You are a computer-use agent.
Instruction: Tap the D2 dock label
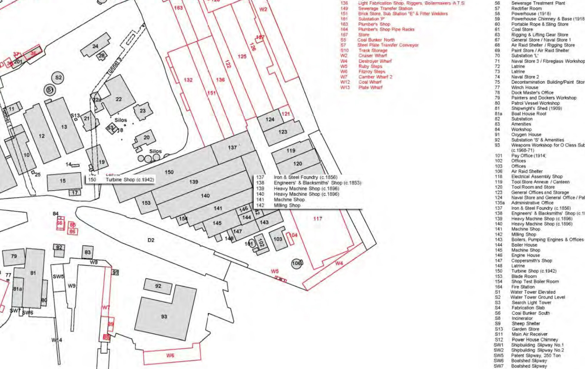coord(151,240)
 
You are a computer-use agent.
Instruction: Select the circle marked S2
coord(58,78)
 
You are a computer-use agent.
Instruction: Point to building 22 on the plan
coord(119,99)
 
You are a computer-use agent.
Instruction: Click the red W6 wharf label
coord(170,355)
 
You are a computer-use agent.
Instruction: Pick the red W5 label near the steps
coord(275,271)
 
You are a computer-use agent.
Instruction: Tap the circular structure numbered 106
coord(297,263)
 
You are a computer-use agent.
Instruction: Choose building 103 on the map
coord(278,239)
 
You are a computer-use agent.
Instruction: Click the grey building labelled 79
coord(14,256)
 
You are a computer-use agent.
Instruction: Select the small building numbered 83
coord(88,252)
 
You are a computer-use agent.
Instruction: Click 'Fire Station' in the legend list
coord(523,287)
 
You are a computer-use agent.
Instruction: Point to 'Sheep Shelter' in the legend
coord(525,323)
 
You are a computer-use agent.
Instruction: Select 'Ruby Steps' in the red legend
coord(370,66)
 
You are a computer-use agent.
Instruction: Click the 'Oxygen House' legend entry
coord(526,135)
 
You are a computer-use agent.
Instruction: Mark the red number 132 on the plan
coord(188,80)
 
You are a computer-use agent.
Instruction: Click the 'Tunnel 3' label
coord(115,65)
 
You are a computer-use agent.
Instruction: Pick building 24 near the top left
coord(95,46)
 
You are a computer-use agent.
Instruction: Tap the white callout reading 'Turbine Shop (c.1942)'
coord(130,180)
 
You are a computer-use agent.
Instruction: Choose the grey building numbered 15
coord(63,181)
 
